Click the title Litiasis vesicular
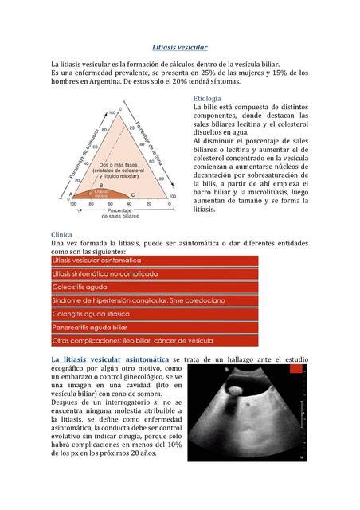[180, 48]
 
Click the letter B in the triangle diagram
[101, 185]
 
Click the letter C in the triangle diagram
[132, 194]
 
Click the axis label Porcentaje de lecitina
[155, 143]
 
